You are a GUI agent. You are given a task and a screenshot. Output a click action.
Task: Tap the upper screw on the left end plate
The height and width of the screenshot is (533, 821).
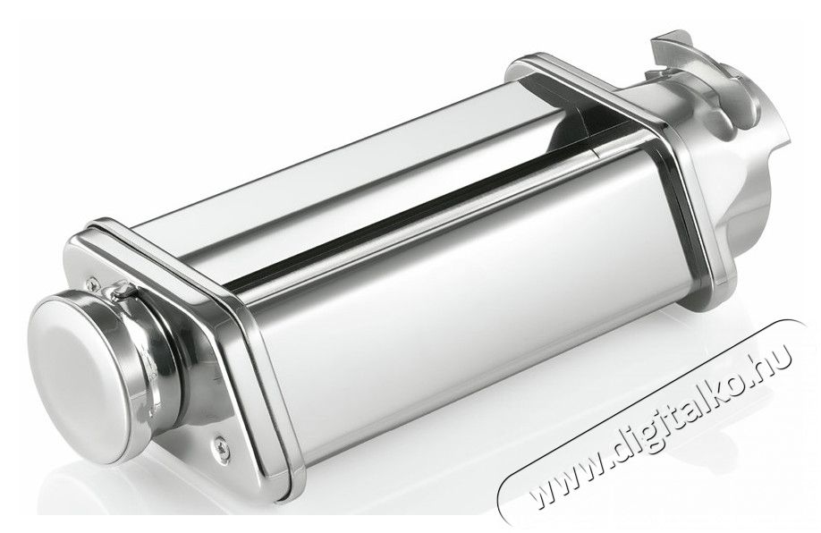tap(93, 283)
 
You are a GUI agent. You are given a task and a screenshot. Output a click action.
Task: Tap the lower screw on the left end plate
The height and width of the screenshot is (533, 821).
tap(218, 445)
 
